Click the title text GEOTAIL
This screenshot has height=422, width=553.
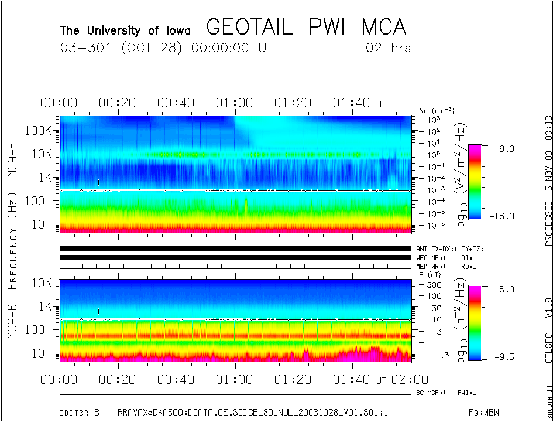[255, 27]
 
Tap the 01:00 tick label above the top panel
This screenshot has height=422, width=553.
[234, 104]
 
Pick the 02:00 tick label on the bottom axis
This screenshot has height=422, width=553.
[409, 379]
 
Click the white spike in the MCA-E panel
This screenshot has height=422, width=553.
[98, 184]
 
